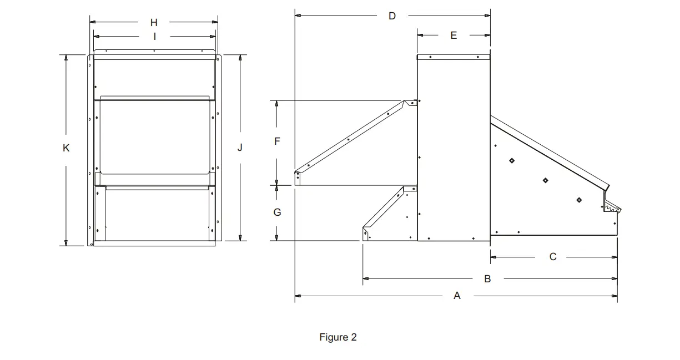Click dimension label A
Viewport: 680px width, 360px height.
457,296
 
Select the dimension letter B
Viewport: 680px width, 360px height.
487,278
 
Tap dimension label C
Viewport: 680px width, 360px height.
553,257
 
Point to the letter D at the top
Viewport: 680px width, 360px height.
392,16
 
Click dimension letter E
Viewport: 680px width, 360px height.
454,36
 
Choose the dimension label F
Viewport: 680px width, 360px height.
277,141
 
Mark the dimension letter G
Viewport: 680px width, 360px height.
277,212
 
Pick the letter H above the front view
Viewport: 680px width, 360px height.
154,22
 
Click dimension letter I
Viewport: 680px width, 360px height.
155,37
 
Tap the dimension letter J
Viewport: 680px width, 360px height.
240,148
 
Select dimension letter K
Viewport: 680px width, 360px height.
66,148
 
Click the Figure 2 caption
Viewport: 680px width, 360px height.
338,337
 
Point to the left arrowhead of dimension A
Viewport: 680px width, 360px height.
298,296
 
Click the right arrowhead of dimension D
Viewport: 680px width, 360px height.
487,16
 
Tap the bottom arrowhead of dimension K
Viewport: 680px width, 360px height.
66,242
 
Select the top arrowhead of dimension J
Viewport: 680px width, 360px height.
240,58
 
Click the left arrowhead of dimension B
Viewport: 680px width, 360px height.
366,278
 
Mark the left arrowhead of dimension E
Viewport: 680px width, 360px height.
420,35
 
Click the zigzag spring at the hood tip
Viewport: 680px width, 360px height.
611,209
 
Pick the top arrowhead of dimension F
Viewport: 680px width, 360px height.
276,104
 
